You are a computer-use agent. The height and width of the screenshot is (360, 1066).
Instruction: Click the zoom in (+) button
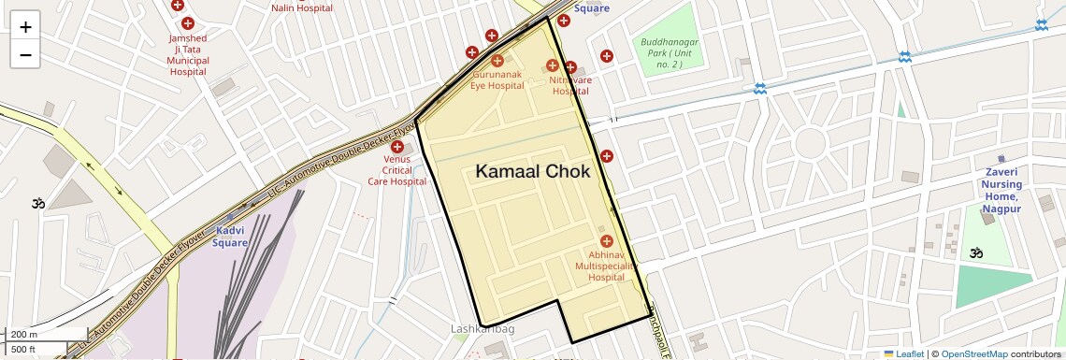25,27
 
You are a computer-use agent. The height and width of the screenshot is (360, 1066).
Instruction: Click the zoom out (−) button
25,54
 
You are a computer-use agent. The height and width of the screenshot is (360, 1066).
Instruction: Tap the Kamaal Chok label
532,171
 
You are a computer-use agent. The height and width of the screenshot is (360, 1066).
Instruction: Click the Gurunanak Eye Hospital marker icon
497,61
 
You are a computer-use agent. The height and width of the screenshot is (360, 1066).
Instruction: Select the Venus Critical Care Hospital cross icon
397,147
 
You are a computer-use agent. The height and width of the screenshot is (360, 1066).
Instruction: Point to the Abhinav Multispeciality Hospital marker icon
606,241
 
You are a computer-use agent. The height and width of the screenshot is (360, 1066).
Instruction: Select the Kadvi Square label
230,237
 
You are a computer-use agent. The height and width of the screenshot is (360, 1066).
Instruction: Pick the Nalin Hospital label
302,7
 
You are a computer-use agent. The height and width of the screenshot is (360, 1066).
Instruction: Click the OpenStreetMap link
973,353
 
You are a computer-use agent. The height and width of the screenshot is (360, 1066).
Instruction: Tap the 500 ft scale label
23,349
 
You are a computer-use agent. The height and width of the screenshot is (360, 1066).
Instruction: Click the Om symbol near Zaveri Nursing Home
975,252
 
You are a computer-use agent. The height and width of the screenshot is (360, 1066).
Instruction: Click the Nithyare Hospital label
570,85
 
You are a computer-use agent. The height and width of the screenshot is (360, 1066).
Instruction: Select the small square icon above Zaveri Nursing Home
1001,159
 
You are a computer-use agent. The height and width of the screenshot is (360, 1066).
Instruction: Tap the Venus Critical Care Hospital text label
396,170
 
